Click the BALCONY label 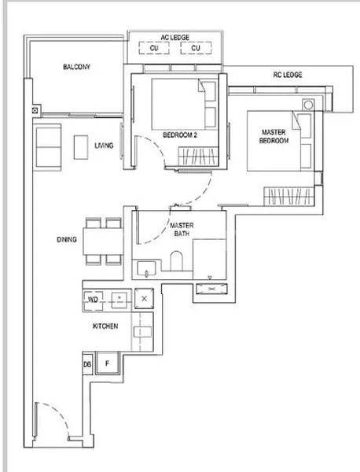coord(76,68)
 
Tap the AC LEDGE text coord(175,37)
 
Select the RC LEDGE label coord(288,75)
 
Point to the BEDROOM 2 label coord(179,135)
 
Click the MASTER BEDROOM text coord(274,136)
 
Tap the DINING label coord(67,240)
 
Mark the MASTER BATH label coord(182,229)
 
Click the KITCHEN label coord(105,326)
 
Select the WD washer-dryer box coord(93,300)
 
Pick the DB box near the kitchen coord(87,365)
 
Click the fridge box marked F coord(107,364)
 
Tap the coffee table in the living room coord(81,147)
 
